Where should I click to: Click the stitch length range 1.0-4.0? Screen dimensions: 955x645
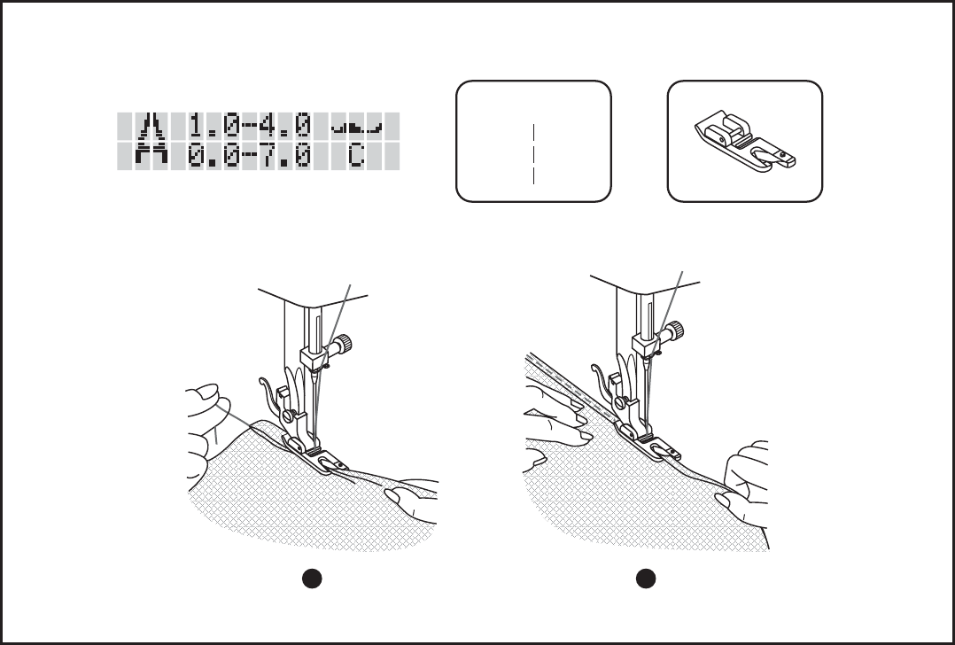250,127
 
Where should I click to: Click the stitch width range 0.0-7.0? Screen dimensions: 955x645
250,156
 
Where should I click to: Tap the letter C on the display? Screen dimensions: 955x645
356,156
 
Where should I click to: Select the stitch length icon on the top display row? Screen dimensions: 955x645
151,127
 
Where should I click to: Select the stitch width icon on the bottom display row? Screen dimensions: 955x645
151,156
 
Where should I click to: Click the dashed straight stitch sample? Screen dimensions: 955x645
533,154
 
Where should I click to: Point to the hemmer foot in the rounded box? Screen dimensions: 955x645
745,141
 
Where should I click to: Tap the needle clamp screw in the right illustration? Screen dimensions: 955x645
675,330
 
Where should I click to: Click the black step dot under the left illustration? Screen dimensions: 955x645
312,579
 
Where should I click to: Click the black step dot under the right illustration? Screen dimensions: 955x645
646,579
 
